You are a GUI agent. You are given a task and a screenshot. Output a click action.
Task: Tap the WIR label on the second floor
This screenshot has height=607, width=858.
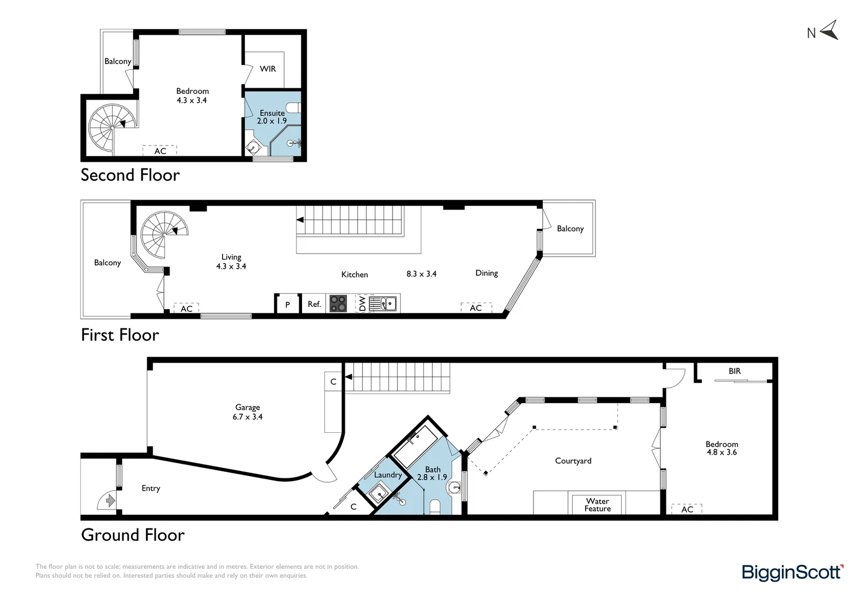coord(268,69)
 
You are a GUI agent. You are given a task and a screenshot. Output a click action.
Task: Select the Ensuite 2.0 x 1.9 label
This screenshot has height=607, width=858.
coord(272,117)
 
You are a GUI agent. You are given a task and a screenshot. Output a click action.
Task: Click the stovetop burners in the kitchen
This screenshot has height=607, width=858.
coord(338,303)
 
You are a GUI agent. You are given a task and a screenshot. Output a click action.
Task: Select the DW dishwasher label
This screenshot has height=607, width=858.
coord(363,304)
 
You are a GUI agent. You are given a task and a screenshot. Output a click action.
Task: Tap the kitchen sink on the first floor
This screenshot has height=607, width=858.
coord(387,304)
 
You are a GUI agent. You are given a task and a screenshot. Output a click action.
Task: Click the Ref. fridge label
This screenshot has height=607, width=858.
coord(314,304)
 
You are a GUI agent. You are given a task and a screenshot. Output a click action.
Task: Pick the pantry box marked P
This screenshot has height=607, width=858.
coord(287,305)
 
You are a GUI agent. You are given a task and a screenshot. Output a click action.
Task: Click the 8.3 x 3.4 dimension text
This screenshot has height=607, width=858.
coord(421,274)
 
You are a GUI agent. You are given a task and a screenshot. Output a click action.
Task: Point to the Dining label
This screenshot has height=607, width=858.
coord(486,273)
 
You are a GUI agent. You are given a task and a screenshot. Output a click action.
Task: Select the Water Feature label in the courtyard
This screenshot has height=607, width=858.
coord(597,505)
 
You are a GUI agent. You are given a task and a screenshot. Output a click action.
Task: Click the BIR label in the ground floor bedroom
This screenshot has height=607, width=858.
coord(734,371)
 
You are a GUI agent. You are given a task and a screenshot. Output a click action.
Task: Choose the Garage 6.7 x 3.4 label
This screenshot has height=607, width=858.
coord(248,412)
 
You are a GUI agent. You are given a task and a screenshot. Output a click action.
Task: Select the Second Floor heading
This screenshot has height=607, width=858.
coord(130,175)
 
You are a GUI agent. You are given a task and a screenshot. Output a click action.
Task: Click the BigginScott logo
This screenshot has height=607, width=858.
coord(792,573)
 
